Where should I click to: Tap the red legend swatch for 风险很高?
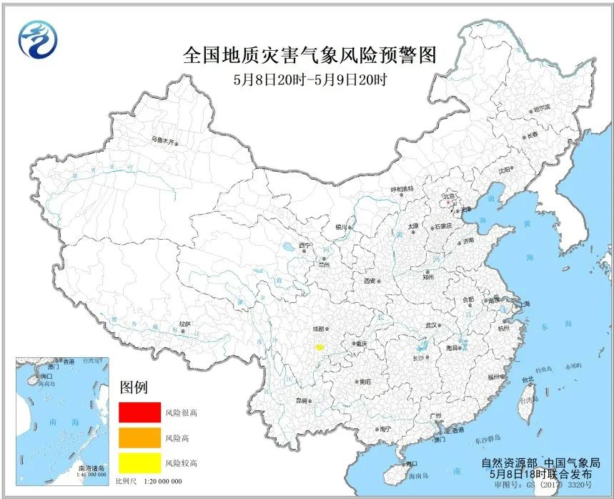139,412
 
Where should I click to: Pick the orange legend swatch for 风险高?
139,437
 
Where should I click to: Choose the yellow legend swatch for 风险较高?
139,462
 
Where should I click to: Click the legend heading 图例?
134,388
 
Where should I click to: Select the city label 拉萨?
184,324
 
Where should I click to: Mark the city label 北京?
450,195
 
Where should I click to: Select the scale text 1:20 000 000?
159,481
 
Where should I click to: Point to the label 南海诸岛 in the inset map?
87,466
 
